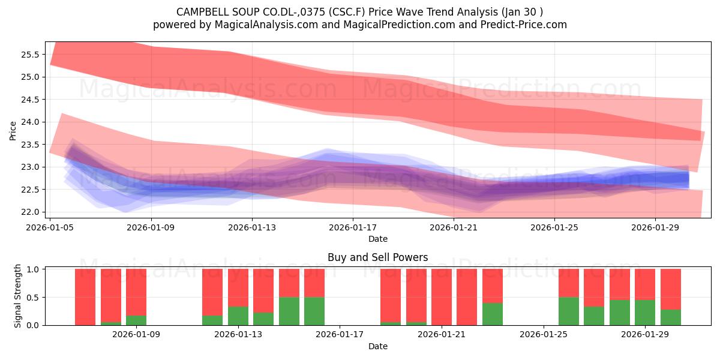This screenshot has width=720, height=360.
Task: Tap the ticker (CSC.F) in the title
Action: (x=347, y=12)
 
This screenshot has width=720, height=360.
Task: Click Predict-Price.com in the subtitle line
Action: (x=524, y=25)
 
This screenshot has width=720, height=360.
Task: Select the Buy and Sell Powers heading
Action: (x=377, y=257)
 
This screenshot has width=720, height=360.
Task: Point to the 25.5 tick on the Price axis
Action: (x=30, y=55)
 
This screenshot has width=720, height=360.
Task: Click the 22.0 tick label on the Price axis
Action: (x=30, y=212)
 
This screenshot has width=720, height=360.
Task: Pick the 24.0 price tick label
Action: (x=30, y=122)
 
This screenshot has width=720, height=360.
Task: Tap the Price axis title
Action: (x=13, y=131)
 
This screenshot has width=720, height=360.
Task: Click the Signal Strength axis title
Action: (x=17, y=296)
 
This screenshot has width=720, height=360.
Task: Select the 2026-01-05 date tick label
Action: (x=50, y=228)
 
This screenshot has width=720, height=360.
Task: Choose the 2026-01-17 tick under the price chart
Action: (x=353, y=228)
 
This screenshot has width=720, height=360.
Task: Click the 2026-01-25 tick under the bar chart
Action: (x=544, y=335)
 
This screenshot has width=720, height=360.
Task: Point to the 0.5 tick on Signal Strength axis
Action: (x=32, y=298)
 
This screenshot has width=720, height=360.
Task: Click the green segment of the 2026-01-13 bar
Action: (x=238, y=316)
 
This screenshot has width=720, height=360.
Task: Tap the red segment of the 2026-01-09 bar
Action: (x=136, y=292)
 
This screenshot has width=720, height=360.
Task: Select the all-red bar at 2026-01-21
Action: (x=442, y=297)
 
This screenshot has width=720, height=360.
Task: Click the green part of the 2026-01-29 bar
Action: (x=645, y=313)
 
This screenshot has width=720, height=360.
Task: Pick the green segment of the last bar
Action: (x=671, y=317)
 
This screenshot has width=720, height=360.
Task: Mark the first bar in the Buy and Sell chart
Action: (x=85, y=297)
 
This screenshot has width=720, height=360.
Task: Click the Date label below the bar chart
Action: (x=377, y=347)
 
